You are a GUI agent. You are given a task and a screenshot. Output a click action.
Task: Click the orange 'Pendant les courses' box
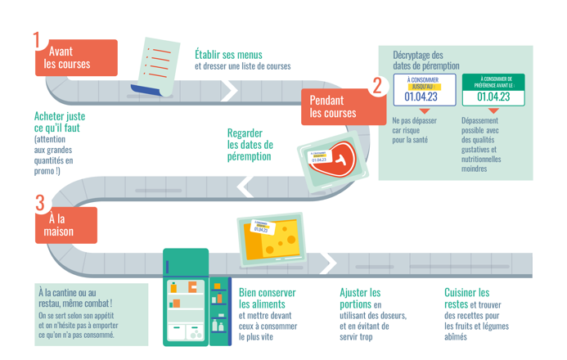333,107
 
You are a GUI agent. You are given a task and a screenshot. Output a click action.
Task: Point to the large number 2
377,85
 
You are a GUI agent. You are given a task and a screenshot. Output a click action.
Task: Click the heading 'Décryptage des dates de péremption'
425,60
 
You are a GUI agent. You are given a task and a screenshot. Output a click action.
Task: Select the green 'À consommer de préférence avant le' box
493,91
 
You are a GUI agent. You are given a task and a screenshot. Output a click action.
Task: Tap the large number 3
39,203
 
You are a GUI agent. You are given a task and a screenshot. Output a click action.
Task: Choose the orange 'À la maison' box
65,225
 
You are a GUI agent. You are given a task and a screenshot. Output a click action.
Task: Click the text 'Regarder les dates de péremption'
250,145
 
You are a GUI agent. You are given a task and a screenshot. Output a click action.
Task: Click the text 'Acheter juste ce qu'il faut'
60,122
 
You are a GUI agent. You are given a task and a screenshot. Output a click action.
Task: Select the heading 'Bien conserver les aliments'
267,298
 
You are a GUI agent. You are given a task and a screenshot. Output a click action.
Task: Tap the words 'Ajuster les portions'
360,298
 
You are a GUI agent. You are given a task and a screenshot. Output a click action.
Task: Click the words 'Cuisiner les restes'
467,298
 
